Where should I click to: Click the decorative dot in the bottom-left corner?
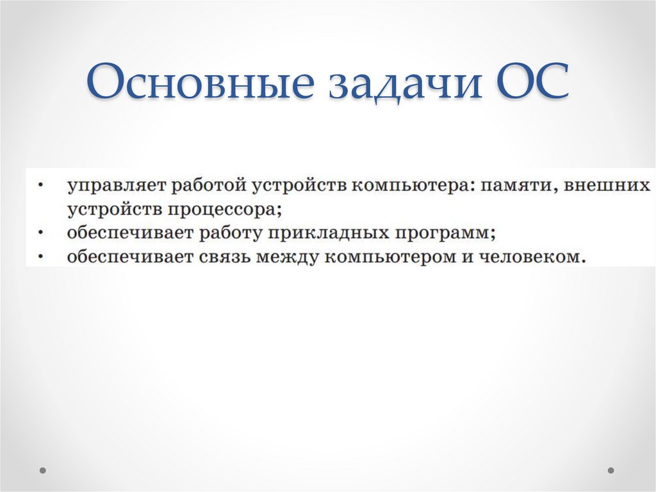44,470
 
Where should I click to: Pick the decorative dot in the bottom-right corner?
611,470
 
